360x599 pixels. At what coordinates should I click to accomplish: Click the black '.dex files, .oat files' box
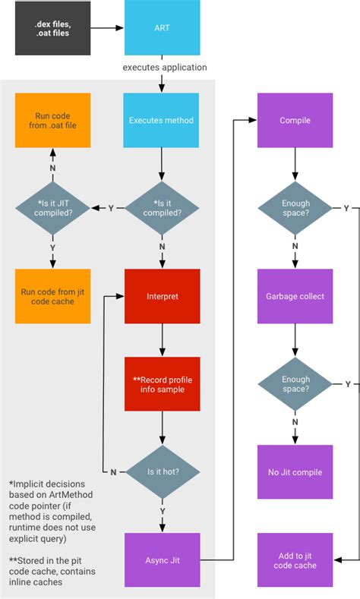point(52,28)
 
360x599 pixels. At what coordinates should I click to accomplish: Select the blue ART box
point(162,28)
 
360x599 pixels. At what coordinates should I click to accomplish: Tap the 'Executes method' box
point(162,120)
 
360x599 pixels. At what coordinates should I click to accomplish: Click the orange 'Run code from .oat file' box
point(52,120)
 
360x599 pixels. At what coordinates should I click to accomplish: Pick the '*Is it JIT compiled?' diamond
point(52,207)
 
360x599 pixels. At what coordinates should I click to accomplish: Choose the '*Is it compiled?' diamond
point(162,207)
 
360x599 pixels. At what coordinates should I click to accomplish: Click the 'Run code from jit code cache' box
point(52,296)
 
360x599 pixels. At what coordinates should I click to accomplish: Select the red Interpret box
point(162,296)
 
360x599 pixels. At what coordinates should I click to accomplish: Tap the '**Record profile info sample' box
point(162,384)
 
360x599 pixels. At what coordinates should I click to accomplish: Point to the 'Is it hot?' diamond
point(162,471)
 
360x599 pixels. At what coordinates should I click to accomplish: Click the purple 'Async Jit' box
point(162,560)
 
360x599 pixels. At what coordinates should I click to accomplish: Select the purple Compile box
point(295,120)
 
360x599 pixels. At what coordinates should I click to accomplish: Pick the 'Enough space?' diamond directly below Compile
point(295,207)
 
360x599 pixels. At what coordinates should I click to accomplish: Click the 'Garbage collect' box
point(295,296)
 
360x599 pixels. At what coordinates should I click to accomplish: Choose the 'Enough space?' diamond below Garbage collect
point(295,384)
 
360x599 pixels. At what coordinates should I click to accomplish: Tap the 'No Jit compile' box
point(295,471)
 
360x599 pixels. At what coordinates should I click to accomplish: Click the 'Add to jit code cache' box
point(295,560)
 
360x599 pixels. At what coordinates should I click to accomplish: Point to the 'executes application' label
point(165,68)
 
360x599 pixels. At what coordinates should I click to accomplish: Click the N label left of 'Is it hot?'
point(113,471)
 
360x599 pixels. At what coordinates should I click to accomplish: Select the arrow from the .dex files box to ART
point(106,28)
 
